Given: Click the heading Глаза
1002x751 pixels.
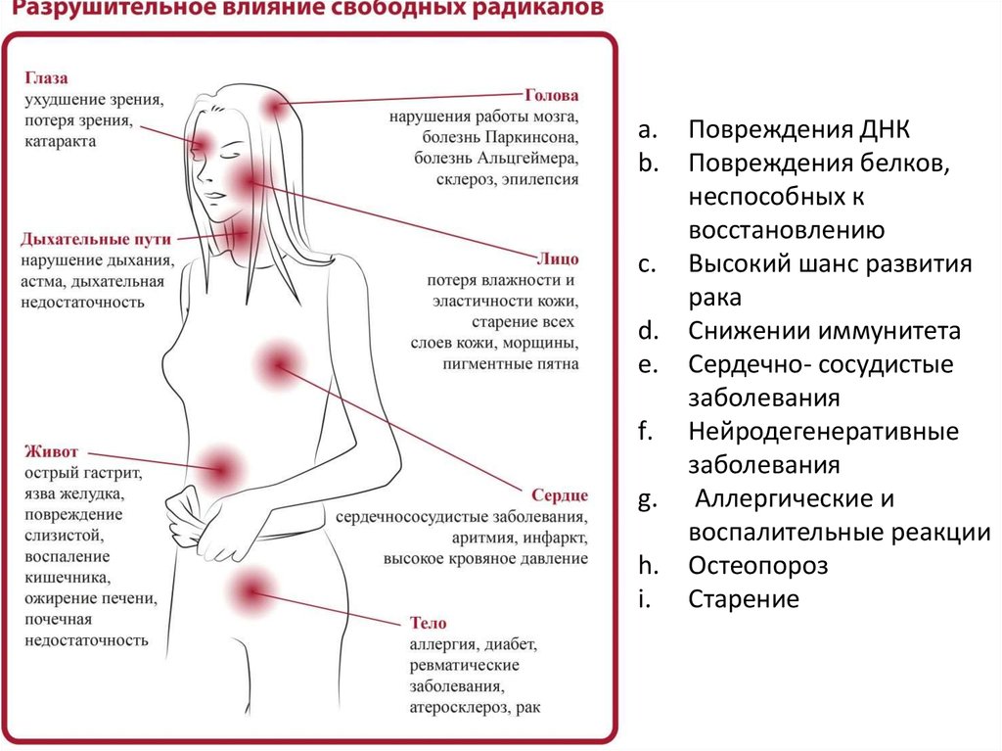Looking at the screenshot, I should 46,77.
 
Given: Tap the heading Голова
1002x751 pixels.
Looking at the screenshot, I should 552,96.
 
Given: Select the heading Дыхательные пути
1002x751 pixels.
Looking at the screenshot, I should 96,239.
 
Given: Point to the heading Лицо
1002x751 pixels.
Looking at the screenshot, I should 557,258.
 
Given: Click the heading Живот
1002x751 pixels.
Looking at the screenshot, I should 51,452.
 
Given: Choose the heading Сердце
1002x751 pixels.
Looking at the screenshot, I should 560,494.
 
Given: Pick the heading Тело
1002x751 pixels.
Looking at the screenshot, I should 428,623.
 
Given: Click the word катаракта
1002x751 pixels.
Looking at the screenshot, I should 61,142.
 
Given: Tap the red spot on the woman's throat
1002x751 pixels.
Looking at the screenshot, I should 241,234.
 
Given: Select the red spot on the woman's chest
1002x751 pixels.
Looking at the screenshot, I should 277,366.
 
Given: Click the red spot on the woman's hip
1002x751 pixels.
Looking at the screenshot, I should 250,590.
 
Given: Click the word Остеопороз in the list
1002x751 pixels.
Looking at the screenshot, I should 757,565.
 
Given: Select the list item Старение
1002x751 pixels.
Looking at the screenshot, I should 744,598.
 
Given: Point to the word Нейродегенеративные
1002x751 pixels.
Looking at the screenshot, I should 822,431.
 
